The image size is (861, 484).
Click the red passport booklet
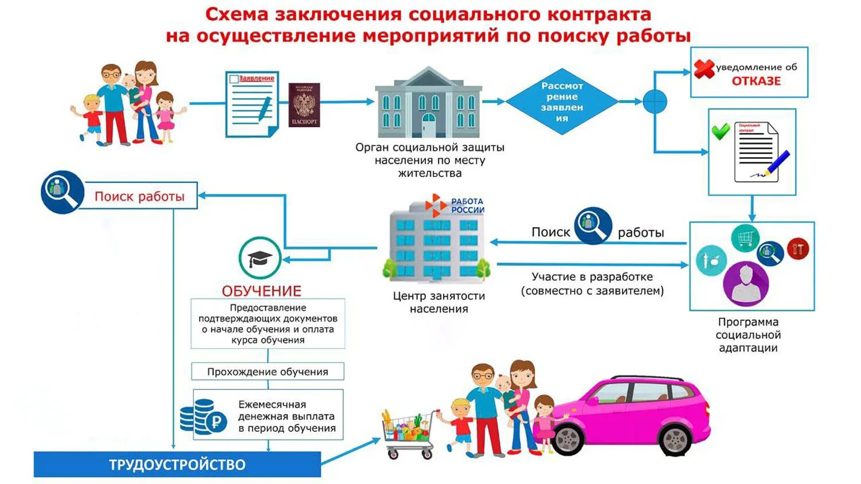[304, 105]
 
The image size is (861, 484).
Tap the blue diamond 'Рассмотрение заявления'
[561, 102]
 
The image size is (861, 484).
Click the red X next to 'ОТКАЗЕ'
[704, 69]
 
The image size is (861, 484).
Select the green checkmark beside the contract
[720, 131]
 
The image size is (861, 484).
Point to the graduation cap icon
[260, 258]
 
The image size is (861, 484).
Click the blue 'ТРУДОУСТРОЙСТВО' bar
[177, 465]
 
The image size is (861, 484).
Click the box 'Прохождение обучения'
[267, 372]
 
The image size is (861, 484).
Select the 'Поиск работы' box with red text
[139, 196]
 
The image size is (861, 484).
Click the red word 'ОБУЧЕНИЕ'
[261, 291]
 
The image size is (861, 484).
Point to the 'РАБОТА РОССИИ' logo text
[467, 205]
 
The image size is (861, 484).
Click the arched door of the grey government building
[428, 125]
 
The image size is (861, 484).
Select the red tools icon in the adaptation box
[797, 249]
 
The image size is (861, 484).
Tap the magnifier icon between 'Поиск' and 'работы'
[594, 225]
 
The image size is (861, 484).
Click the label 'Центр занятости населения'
[439, 302]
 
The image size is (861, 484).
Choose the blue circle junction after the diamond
[654, 102]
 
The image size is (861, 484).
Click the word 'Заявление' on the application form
[257, 78]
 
